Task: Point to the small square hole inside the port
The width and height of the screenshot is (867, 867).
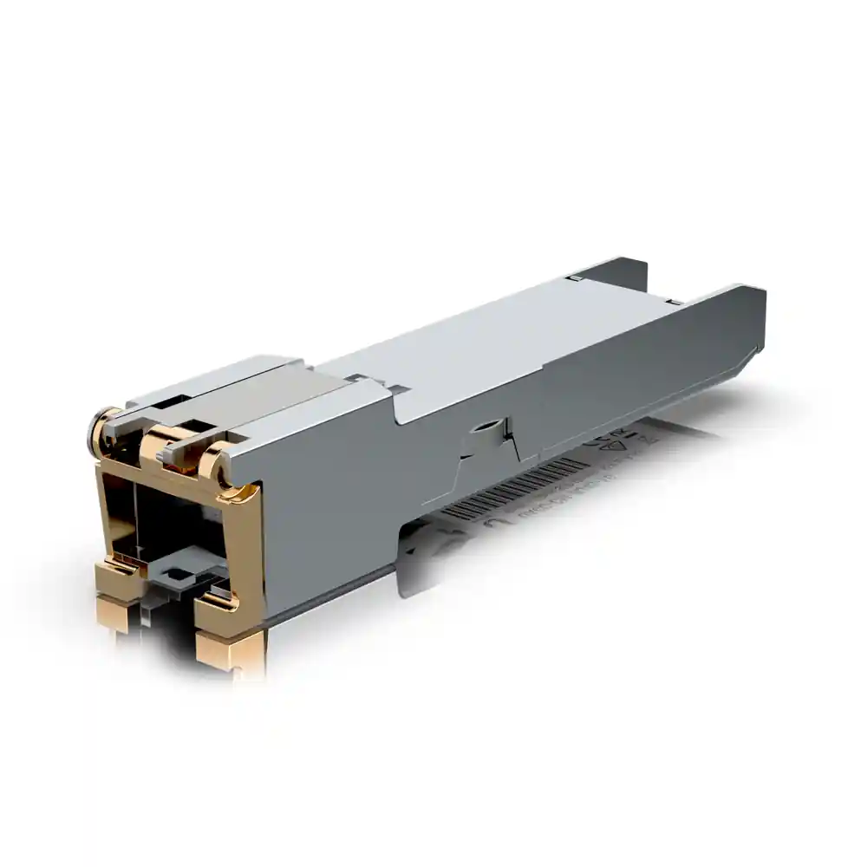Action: pyautogui.click(x=179, y=573)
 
